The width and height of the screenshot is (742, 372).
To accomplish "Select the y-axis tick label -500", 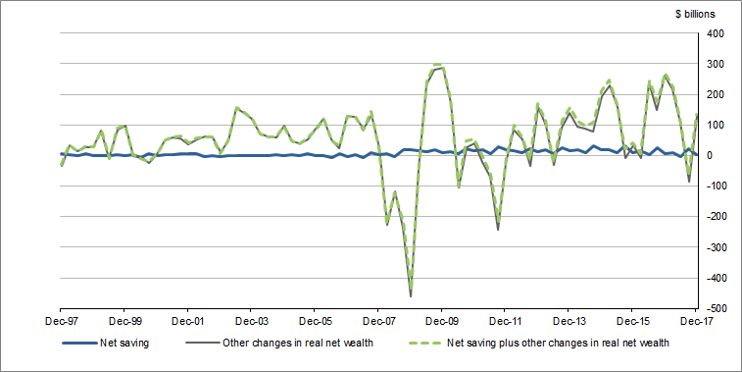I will pos(714,309).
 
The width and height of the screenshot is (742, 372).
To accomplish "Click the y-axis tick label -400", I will pos(714,279).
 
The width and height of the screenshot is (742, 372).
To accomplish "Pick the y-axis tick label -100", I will pos(714,186).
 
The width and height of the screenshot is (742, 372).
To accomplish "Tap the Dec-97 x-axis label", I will pos(61,321).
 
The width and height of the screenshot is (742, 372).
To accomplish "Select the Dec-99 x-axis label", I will pos(124,321).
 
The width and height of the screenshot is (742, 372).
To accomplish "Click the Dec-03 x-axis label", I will pos(251,321).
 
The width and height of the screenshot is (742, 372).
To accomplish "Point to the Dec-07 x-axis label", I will pos(377,321).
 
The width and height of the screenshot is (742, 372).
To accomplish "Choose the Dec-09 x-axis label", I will pos(441,321).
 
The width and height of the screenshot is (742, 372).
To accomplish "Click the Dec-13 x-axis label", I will pos(568,321).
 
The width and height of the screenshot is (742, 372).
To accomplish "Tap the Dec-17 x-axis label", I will pos(695,321).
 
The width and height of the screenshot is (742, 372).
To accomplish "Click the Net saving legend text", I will pos(124,344).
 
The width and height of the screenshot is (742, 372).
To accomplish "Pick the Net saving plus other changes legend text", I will pos(559,344).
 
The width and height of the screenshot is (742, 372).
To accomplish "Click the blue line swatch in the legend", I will pos(77,344).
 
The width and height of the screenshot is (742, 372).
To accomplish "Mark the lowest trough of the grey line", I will pos(411,295).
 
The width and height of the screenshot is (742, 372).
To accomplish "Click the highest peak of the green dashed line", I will pos(438,65).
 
